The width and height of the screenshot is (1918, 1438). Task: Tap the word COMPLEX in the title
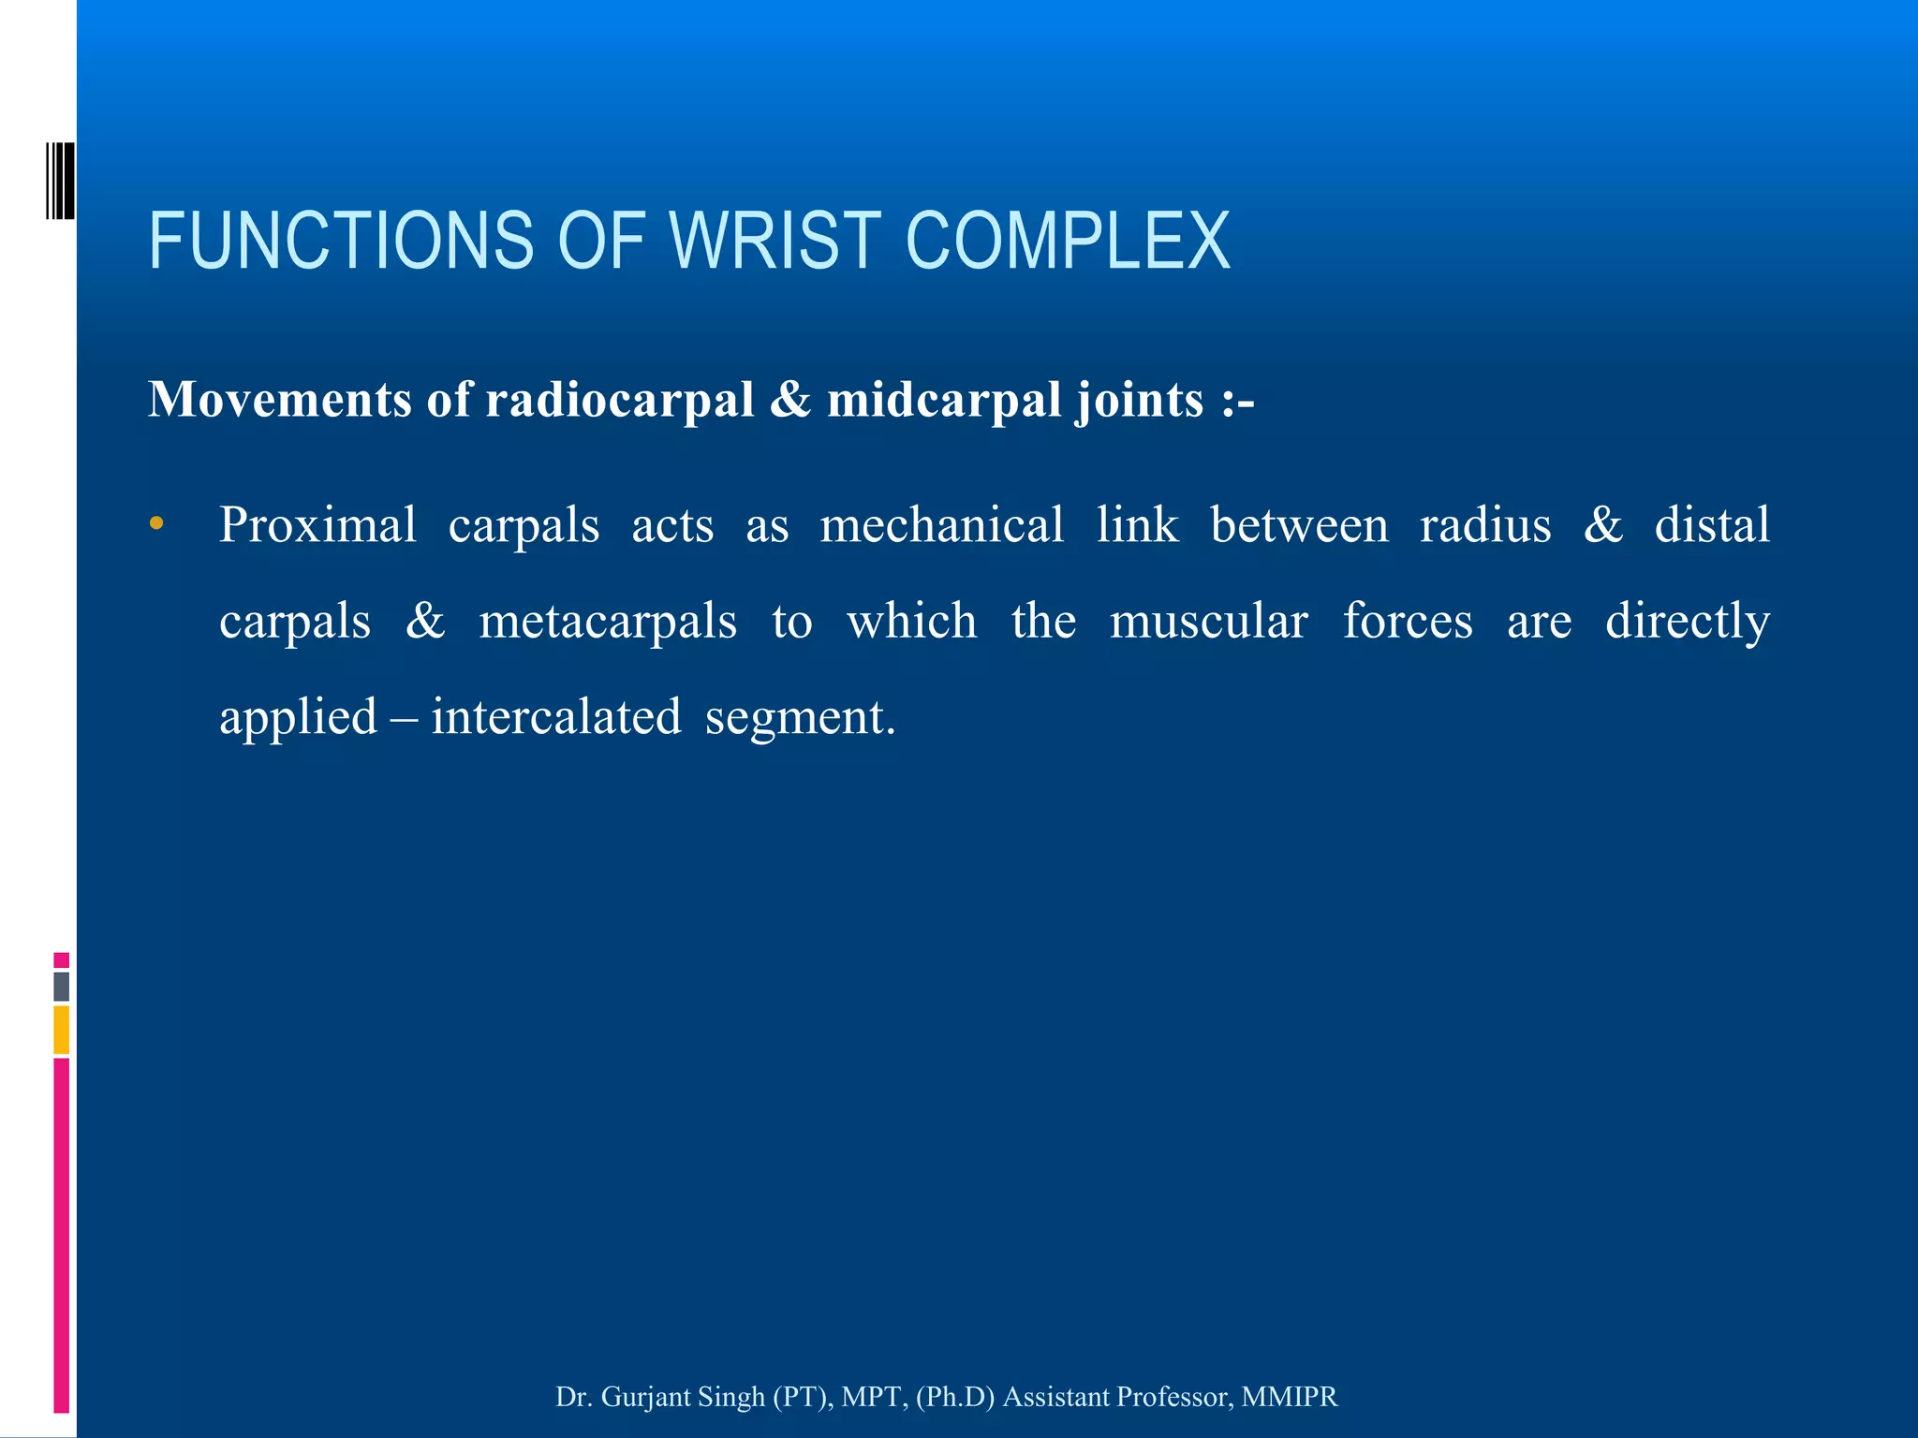pyautogui.click(x=1068, y=241)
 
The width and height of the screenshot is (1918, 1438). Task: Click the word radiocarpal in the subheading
pyautogui.click(x=620, y=400)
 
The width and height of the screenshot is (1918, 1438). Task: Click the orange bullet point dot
pyautogui.click(x=156, y=523)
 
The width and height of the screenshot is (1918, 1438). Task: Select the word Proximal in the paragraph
pyautogui.click(x=317, y=524)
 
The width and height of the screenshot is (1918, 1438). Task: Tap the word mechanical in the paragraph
pyautogui.click(x=942, y=524)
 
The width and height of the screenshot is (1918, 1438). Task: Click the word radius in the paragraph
pyautogui.click(x=1485, y=524)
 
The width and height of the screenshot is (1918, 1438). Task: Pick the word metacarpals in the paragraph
pyautogui.click(x=608, y=621)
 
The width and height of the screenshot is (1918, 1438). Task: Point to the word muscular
pyautogui.click(x=1208, y=621)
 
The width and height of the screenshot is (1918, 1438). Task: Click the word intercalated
pyautogui.click(x=556, y=717)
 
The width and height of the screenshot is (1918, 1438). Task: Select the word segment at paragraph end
pyautogui.click(x=798, y=719)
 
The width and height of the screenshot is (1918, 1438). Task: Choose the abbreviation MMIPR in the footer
pyautogui.click(x=1290, y=1397)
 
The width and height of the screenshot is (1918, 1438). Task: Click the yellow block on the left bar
pyautogui.click(x=62, y=1030)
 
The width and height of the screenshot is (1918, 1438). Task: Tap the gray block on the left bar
pyautogui.click(x=62, y=987)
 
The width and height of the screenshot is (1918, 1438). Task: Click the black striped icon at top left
pyautogui.click(x=60, y=181)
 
